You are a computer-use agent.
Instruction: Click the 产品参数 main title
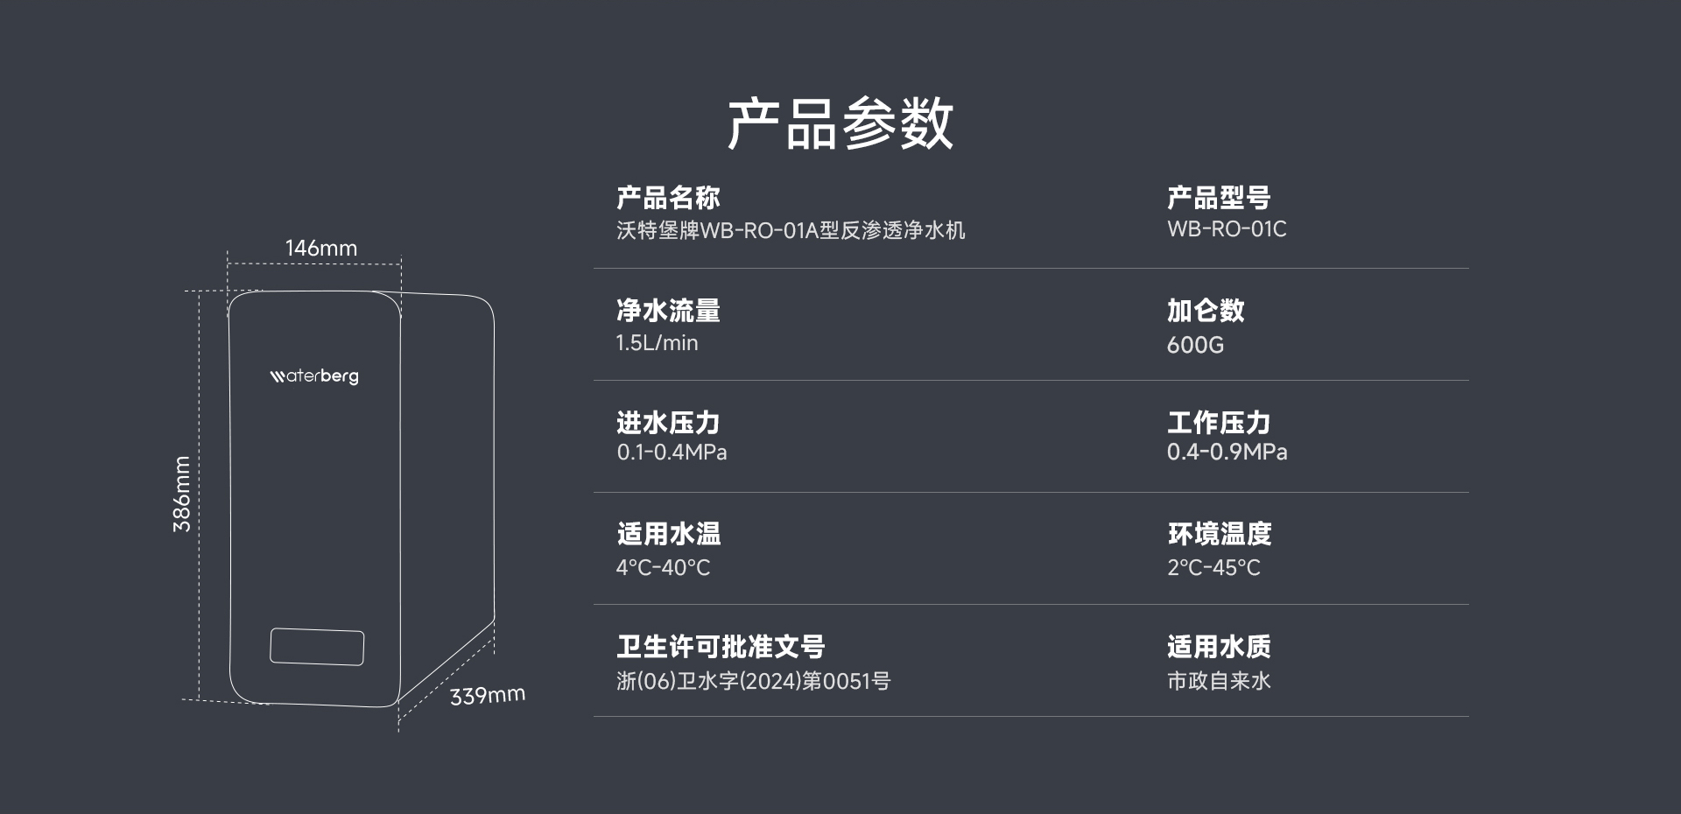tap(840, 123)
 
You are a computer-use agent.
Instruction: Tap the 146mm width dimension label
tap(321, 248)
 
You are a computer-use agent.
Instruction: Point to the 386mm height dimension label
tap(181, 494)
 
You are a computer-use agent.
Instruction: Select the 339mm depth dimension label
tap(488, 695)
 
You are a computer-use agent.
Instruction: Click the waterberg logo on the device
tap(314, 375)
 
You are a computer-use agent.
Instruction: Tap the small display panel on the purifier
tap(317, 647)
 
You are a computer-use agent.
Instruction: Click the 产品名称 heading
tap(668, 198)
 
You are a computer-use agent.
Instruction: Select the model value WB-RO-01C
tap(1227, 229)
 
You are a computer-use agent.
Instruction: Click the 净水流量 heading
tap(668, 310)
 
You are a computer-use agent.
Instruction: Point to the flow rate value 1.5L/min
tap(657, 343)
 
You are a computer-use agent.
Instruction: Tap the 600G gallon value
tap(1195, 345)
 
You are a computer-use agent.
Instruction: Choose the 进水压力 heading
tap(668, 423)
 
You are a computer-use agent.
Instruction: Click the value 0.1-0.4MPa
tap(672, 453)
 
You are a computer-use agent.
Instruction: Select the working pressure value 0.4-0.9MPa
tap(1227, 453)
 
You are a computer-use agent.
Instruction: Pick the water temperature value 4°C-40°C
tap(663, 567)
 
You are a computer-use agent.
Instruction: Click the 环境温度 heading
tap(1219, 534)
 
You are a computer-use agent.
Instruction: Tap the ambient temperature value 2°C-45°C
tap(1213, 567)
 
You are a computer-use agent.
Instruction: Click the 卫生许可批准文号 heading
tap(721, 647)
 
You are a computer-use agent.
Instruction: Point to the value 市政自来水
tap(1219, 681)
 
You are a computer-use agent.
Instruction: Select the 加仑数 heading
tap(1206, 310)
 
